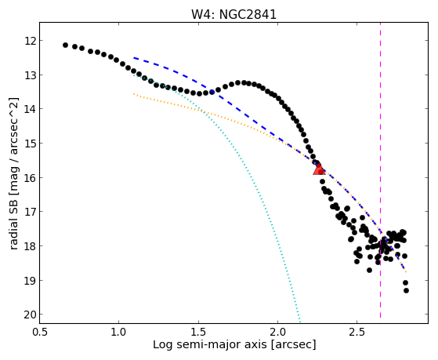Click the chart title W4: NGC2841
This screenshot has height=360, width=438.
[x=233, y=14]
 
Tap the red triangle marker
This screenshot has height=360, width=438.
[x=319, y=169]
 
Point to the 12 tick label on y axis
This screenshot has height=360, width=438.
[x=31, y=41]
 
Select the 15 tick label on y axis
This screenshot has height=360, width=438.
[x=31, y=144]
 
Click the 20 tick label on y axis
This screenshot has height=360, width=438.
[x=31, y=315]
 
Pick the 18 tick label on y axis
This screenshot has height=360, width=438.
[x=31, y=246]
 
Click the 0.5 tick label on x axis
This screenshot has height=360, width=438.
[x=40, y=332]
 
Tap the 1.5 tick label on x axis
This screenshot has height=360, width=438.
[x=198, y=332]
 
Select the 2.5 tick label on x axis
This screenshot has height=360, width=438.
[x=357, y=332]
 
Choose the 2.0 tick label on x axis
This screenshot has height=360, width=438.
[x=277, y=332]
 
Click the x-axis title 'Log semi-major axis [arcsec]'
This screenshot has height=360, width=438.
[x=234, y=344]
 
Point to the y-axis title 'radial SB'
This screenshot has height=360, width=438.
[x=14, y=222]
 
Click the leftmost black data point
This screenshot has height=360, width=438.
[x=65, y=45]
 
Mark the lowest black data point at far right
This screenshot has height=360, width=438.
[x=406, y=291]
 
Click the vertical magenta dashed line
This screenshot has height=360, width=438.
[x=380, y=170]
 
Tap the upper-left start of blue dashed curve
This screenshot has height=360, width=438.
[x=134, y=57]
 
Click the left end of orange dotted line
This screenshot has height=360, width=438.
[x=134, y=94]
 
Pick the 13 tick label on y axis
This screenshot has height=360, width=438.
[x=31, y=75]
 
